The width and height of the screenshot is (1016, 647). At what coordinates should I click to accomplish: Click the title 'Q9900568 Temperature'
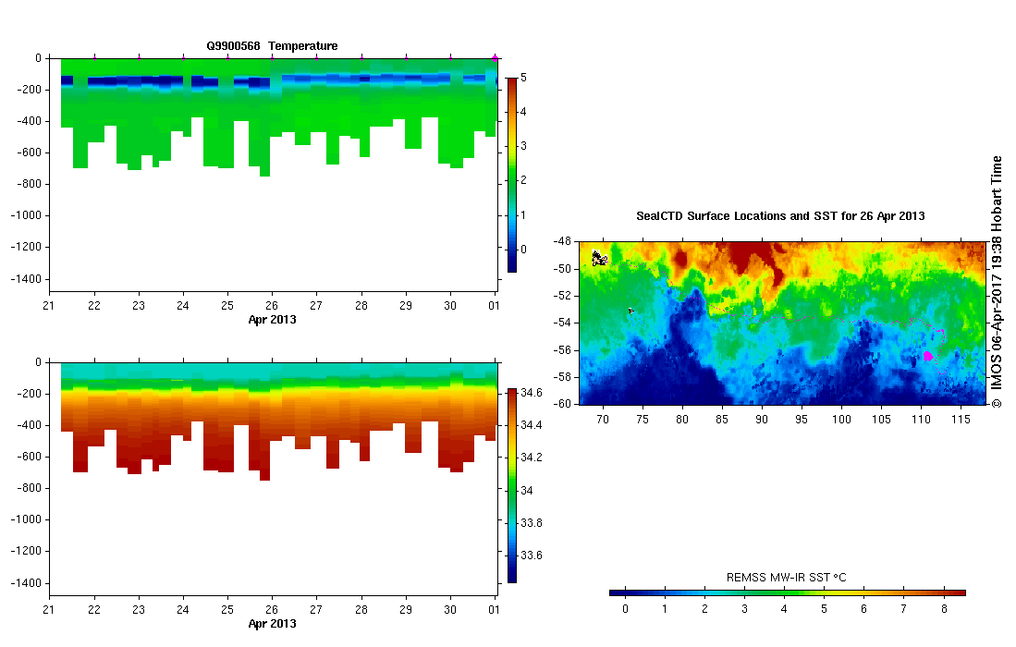click(x=272, y=45)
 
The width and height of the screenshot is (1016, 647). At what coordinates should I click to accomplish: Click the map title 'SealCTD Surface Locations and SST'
click(x=780, y=216)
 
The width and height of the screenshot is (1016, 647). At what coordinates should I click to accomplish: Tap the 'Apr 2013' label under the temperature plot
click(x=272, y=320)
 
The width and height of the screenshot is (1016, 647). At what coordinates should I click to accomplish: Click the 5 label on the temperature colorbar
click(x=524, y=78)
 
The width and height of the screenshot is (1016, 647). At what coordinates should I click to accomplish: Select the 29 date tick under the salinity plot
click(x=405, y=611)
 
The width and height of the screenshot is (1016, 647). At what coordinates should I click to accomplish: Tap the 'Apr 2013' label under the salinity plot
click(x=272, y=624)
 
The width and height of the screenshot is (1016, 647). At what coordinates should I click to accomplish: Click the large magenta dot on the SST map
click(x=928, y=356)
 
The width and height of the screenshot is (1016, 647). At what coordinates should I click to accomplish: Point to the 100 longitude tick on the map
click(x=841, y=420)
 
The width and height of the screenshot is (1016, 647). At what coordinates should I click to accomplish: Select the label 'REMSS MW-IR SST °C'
click(x=787, y=578)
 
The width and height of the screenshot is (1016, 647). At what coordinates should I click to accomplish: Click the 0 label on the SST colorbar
click(x=625, y=608)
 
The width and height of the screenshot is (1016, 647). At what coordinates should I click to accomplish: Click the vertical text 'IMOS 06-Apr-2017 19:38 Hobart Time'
click(x=997, y=282)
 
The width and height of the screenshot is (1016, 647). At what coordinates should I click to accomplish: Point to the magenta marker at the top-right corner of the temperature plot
click(x=495, y=58)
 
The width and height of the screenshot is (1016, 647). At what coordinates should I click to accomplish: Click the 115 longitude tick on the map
click(x=961, y=420)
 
